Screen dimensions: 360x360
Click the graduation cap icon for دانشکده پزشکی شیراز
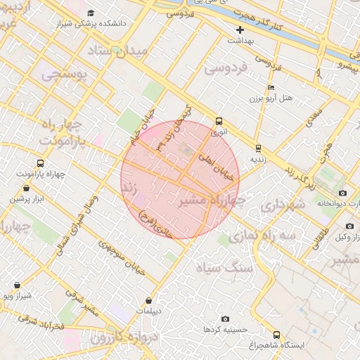[90, 13]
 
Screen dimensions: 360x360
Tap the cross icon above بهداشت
[240, 30]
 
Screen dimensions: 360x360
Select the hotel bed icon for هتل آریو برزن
[271, 87]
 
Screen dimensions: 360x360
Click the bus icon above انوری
[219, 121]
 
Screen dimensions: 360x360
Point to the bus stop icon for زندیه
[258, 148]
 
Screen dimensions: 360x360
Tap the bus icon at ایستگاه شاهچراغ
[276, 335]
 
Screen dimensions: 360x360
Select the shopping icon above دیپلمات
[148, 300]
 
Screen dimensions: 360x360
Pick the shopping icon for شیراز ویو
[17, 285]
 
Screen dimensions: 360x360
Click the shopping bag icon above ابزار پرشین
[27, 188]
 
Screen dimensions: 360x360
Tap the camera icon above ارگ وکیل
[349, 226]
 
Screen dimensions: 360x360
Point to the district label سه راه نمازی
[267, 237]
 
